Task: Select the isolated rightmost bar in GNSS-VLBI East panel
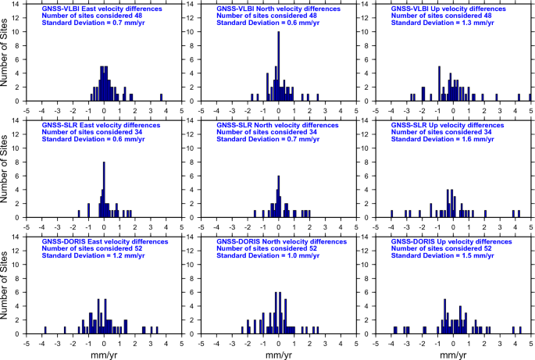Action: [x=161, y=98]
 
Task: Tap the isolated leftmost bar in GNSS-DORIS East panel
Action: [x=45, y=330]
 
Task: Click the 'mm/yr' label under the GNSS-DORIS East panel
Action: [x=104, y=354]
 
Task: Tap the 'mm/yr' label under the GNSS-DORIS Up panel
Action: [x=453, y=354]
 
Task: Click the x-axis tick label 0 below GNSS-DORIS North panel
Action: [x=279, y=342]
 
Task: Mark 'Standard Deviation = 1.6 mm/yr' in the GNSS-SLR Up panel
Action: [x=444, y=140]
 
